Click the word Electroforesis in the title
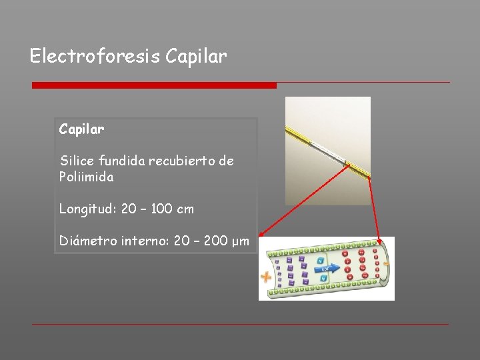(85, 57)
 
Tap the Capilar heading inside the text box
(81, 129)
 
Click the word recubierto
(179, 161)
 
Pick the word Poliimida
(86, 177)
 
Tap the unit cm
(185, 209)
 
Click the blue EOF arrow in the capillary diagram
(330, 269)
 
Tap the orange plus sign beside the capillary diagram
(266, 277)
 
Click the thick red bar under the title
(154, 85)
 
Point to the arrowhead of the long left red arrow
(262, 234)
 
